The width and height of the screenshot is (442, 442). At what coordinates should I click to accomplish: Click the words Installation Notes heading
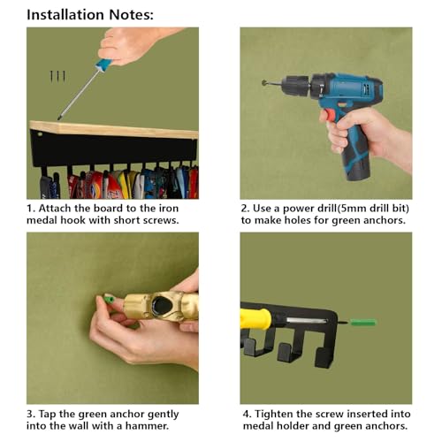click(90, 15)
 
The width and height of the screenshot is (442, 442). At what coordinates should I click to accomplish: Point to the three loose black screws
click(57, 76)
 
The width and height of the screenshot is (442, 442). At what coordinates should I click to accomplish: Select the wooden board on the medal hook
click(114, 129)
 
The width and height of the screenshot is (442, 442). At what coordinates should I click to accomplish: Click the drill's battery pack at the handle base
click(357, 170)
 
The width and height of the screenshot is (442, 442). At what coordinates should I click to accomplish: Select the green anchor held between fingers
click(109, 299)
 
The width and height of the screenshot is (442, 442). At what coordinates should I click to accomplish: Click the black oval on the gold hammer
click(161, 305)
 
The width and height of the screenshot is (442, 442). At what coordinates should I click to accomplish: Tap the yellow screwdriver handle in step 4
click(255, 319)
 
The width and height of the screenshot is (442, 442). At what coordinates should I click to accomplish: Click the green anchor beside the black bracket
click(363, 322)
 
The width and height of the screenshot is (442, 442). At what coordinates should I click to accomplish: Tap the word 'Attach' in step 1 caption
click(55, 209)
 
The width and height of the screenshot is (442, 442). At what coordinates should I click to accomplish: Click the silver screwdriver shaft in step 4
click(307, 321)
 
